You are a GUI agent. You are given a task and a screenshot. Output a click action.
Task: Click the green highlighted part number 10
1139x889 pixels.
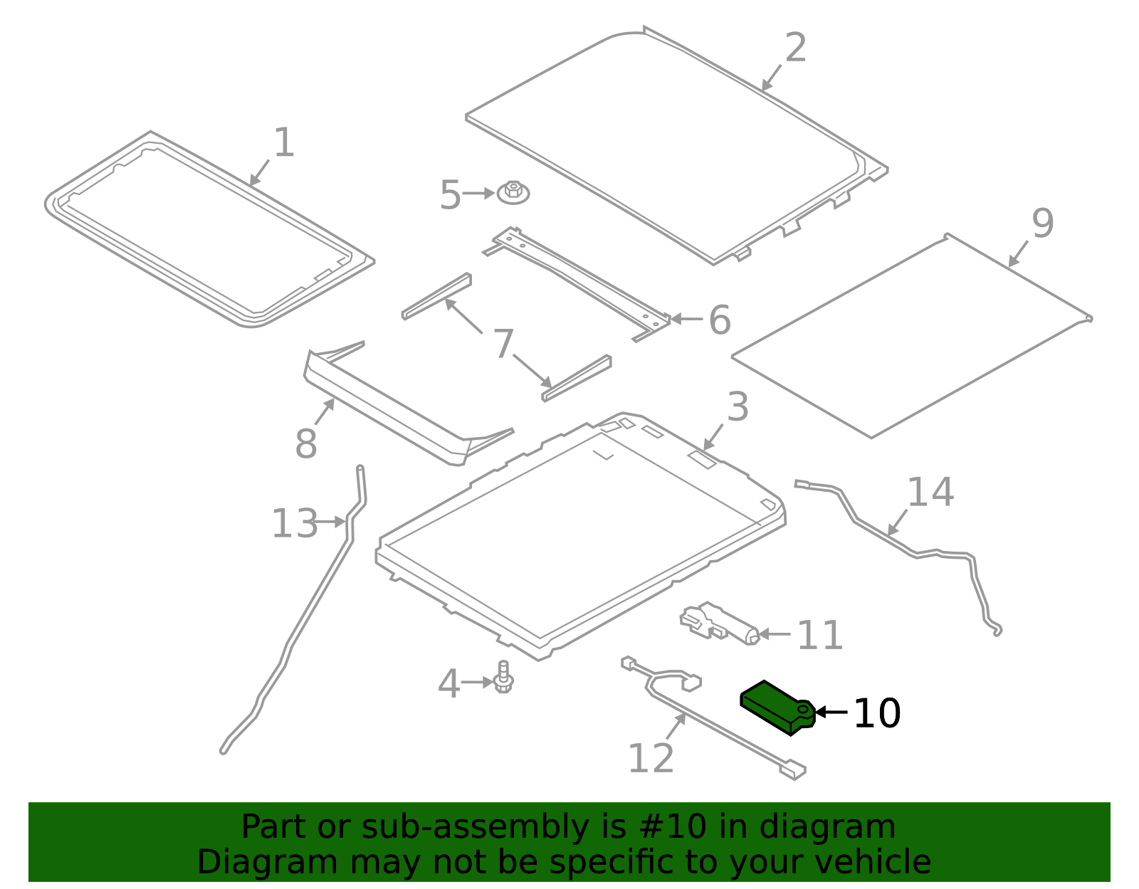pos(776,707)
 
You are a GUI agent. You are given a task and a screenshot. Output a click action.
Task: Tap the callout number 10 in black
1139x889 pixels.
pos(876,713)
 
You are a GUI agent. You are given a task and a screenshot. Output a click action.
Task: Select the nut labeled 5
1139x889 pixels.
pos(514,193)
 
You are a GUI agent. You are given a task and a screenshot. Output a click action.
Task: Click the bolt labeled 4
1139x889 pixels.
pos(504,678)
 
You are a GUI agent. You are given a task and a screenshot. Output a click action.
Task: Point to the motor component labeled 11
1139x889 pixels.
pos(719,622)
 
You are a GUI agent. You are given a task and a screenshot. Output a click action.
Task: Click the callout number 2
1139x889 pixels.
pos(795,48)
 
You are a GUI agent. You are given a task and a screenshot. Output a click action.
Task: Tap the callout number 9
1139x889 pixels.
pos(1042,223)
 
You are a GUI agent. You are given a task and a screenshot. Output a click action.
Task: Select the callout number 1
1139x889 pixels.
pos(283,142)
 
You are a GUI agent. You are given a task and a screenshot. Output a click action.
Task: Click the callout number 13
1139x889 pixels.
pos(294,524)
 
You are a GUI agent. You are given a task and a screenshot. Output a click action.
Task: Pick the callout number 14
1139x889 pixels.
pos(930,493)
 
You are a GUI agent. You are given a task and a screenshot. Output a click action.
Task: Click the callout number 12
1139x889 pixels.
pos(650,758)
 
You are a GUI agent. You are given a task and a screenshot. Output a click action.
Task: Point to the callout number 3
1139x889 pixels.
pos(738,407)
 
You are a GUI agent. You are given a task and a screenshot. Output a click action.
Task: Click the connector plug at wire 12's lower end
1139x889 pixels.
pos(792,770)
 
